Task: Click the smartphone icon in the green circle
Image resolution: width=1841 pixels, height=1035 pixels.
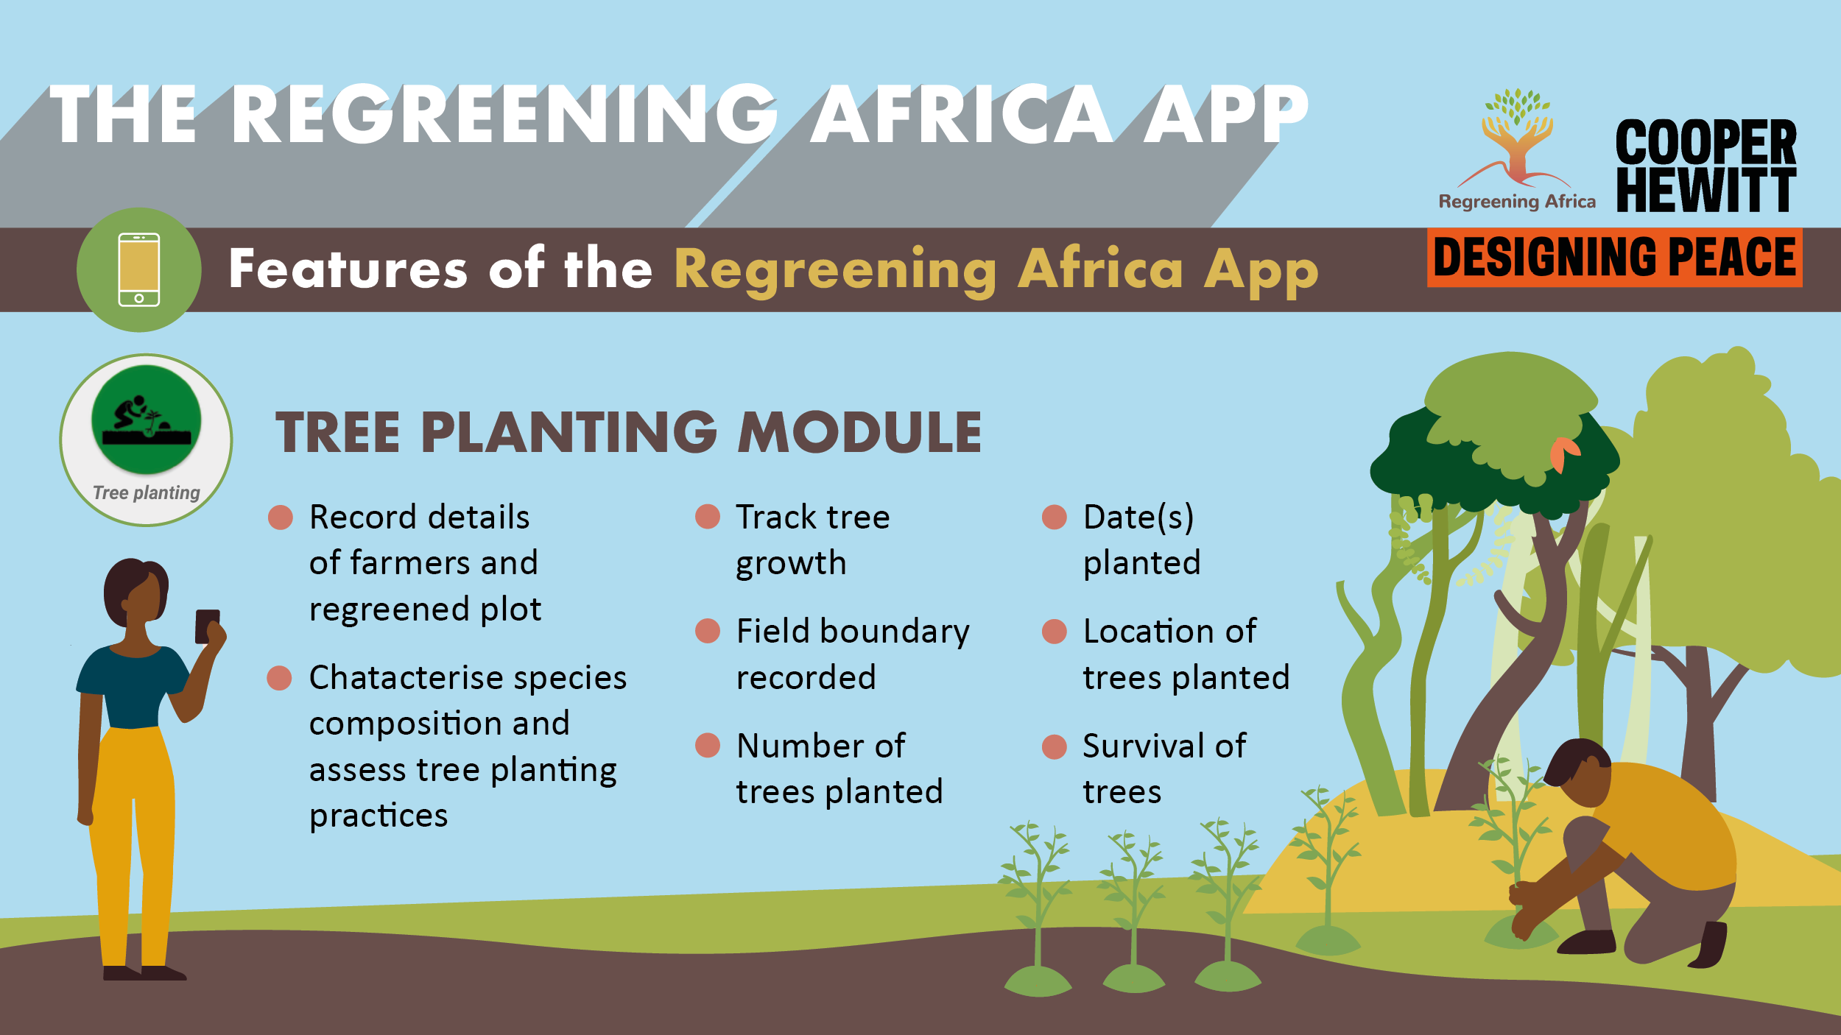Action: (x=139, y=269)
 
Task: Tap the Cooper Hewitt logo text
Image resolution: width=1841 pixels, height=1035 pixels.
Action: (x=1706, y=166)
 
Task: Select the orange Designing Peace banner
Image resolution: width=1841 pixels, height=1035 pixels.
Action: (x=1614, y=258)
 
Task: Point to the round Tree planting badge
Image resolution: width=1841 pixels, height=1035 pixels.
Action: (x=147, y=440)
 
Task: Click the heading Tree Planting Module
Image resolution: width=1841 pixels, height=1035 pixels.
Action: (x=628, y=432)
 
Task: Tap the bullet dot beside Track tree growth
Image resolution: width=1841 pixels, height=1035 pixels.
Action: (x=708, y=517)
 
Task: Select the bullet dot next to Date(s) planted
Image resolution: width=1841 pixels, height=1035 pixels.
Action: (x=1055, y=517)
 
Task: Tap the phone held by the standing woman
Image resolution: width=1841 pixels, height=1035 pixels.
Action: (x=207, y=626)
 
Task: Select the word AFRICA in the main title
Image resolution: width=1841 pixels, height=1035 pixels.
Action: (x=962, y=114)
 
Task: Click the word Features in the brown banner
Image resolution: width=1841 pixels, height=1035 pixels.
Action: (x=348, y=267)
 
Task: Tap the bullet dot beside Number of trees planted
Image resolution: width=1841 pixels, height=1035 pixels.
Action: (x=708, y=746)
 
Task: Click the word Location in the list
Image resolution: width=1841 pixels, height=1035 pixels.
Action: (x=1147, y=631)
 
